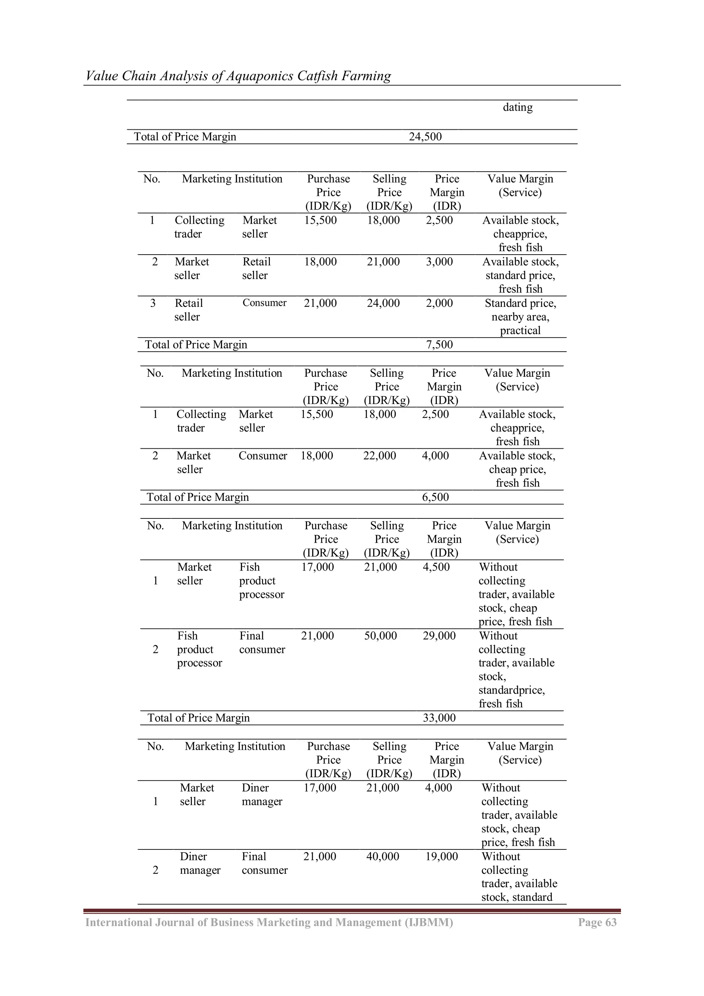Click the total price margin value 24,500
[425, 137]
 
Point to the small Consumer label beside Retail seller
[264, 303]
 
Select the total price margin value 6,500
[435, 497]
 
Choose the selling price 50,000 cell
[380, 635]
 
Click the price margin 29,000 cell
[439, 635]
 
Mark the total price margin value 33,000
[439, 718]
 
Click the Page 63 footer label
[597, 922]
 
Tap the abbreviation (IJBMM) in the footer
[428, 922]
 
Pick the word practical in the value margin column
[520, 331]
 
